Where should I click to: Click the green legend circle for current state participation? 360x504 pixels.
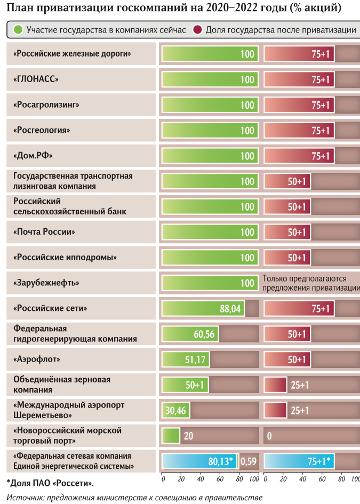click(x=18, y=30)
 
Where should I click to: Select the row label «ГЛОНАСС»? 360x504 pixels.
click(x=35, y=79)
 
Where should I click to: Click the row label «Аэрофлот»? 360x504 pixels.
click(x=37, y=359)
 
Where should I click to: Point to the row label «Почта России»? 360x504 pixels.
click(x=44, y=232)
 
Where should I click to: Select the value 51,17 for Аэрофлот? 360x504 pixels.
click(x=195, y=360)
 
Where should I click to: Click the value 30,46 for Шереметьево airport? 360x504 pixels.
click(x=175, y=411)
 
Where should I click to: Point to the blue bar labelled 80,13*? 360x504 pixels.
click(x=199, y=461)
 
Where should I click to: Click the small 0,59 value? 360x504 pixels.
click(x=249, y=461)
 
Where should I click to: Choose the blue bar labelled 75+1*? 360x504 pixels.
click(x=299, y=461)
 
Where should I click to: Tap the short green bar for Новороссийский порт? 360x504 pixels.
click(x=171, y=436)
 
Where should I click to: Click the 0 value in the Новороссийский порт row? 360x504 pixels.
click(x=269, y=436)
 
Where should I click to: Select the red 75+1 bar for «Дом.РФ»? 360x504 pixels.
click(x=299, y=156)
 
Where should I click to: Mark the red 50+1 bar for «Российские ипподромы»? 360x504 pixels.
click(x=287, y=258)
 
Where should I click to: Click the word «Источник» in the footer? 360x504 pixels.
click(x=25, y=498)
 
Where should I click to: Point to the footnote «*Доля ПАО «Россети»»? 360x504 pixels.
click(x=50, y=483)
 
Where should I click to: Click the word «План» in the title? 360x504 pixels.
click(x=18, y=9)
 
